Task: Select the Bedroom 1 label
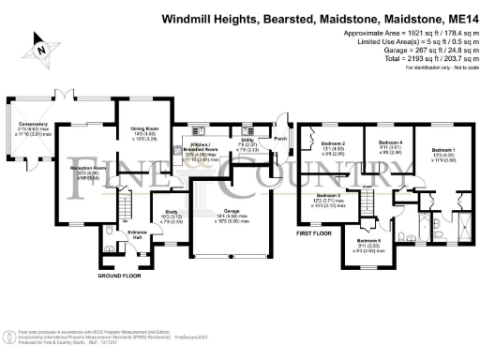point(443,150)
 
